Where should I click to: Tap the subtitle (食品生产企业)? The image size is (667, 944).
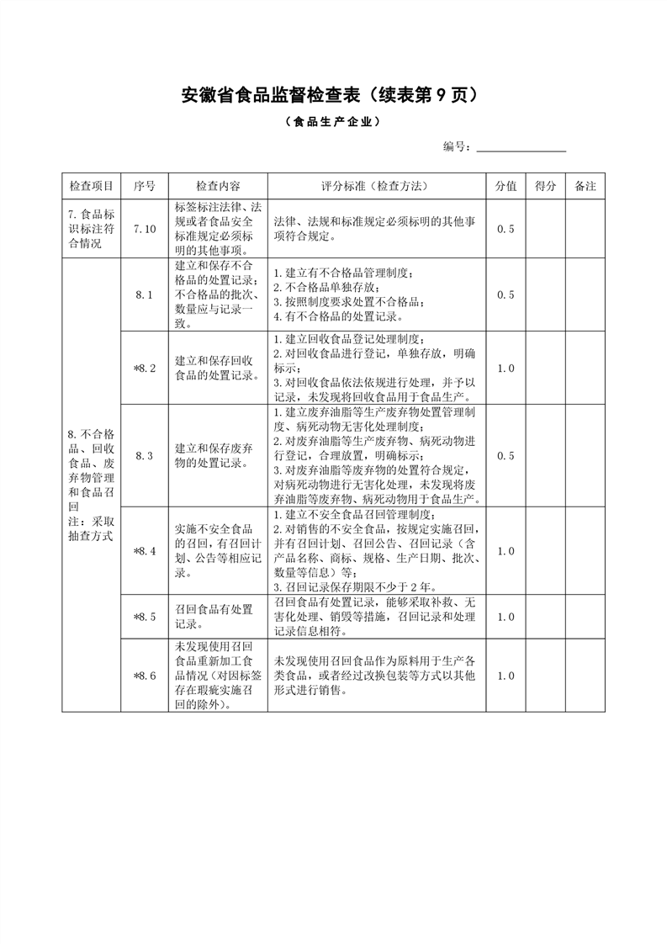tap(333, 121)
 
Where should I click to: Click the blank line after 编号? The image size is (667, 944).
tap(521, 147)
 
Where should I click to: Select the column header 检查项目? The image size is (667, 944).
tap(91, 186)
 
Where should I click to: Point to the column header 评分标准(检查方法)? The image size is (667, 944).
tap(376, 186)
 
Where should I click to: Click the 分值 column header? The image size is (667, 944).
tap(506, 186)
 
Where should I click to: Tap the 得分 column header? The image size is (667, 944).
tap(545, 186)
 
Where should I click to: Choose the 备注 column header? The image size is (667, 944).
tap(585, 186)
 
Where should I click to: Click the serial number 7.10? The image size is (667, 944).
tap(145, 228)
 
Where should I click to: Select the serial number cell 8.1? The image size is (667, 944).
tap(145, 294)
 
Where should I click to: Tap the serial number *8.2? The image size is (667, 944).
tap(145, 368)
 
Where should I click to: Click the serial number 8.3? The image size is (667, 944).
tap(145, 456)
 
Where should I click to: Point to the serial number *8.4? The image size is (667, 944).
tap(145, 550)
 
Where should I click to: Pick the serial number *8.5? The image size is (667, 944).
tap(145, 617)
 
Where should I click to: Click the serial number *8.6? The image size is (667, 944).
tap(145, 676)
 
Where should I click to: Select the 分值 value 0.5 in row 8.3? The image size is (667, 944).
tap(506, 456)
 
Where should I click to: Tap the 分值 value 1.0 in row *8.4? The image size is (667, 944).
tap(506, 550)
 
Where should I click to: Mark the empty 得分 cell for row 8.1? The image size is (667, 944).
tap(545, 294)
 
